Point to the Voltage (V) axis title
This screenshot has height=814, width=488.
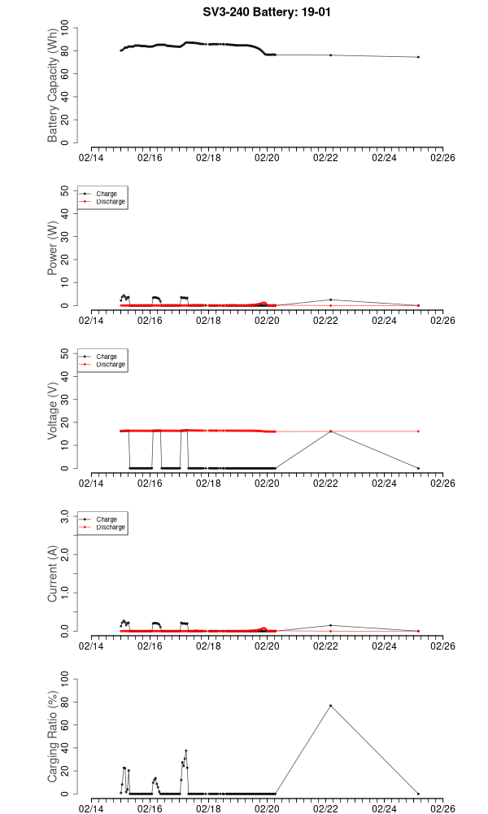coord(53,411)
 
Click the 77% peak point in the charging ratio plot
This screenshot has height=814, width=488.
coord(330,706)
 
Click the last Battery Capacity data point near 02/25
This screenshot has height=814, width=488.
coord(418,57)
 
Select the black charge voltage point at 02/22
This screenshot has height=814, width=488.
coord(330,431)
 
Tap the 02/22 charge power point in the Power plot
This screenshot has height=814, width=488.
coord(330,300)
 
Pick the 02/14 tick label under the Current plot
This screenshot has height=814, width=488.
coord(91,646)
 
